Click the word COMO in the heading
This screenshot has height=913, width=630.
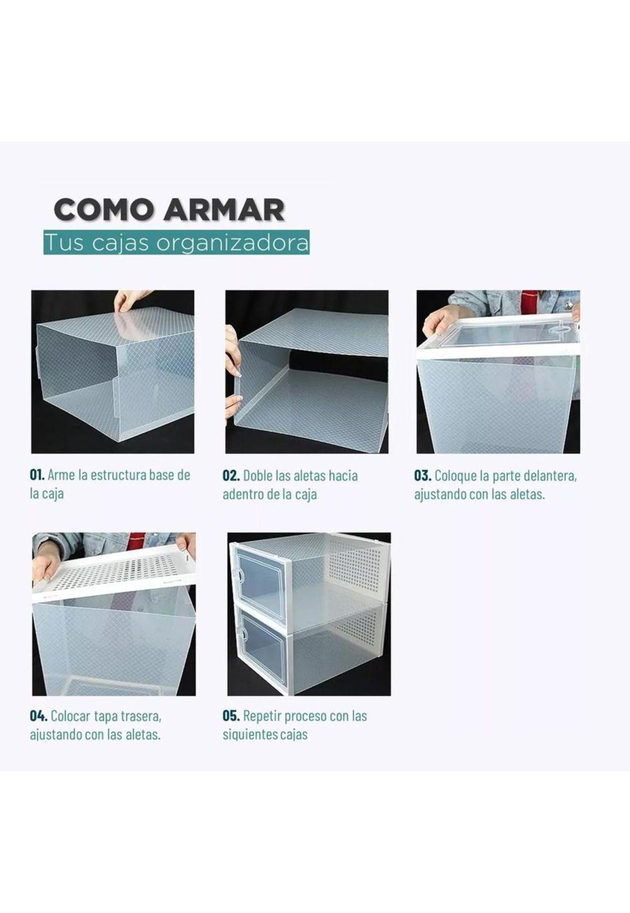point(104,209)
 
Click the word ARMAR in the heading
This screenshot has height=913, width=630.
point(224,209)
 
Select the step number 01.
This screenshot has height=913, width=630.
point(37,475)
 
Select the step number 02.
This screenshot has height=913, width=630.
point(231,475)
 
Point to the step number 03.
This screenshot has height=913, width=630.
point(422,475)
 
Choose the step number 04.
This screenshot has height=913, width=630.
point(38,716)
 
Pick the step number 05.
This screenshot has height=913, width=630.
point(231,716)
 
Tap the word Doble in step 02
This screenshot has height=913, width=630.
point(258,475)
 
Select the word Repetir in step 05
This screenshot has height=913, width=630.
point(261,716)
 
